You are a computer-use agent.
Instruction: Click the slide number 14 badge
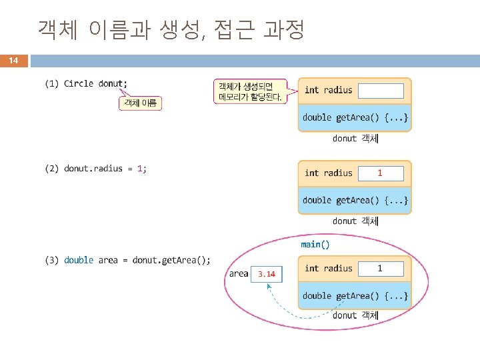(13, 61)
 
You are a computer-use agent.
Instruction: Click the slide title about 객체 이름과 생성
(171, 29)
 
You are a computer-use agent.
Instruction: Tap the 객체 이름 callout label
(141, 103)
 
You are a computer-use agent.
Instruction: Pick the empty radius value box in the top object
(381, 91)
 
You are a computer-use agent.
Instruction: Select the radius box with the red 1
(381, 173)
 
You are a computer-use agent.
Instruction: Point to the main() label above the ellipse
(315, 245)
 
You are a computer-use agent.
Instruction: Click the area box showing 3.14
(267, 274)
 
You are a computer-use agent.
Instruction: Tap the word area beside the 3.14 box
(238, 273)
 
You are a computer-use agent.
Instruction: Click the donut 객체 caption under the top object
(355, 139)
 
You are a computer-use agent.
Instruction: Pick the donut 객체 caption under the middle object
(355, 221)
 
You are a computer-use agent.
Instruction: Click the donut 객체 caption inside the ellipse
(355, 315)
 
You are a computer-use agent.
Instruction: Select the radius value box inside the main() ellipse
(381, 269)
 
